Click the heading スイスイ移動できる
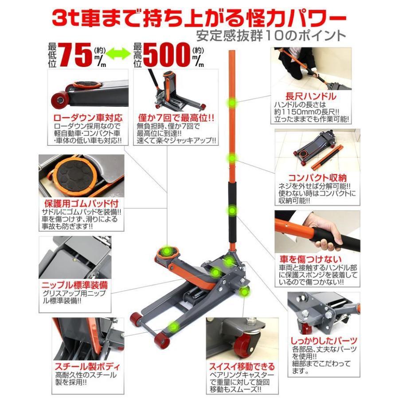click(242, 367)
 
